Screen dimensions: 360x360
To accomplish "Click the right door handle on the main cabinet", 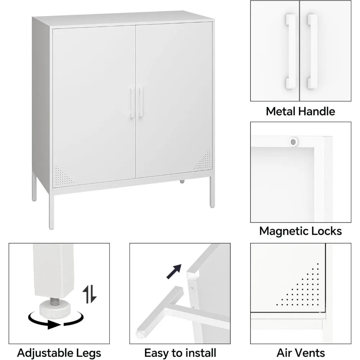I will tap(141, 102).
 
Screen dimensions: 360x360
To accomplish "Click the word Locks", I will tap(329, 231).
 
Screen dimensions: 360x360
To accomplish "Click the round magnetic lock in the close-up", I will tap(293, 142).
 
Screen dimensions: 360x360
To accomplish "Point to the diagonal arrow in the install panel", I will tap(174, 271).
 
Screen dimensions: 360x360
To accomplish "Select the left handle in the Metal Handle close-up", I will tap(291, 51).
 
